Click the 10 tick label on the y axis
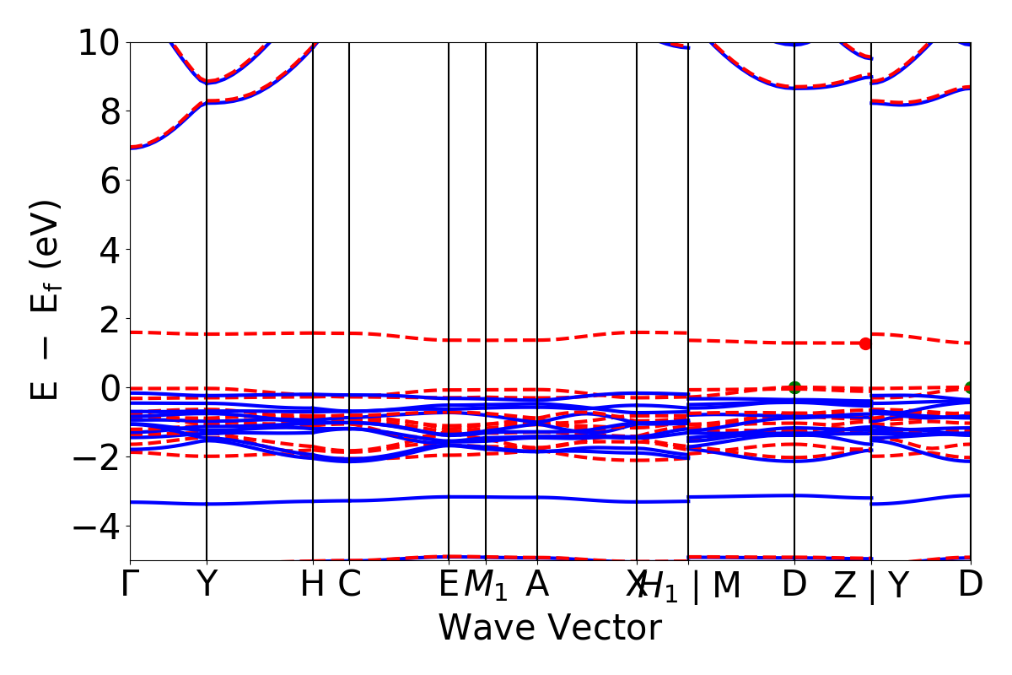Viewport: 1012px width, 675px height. point(100,42)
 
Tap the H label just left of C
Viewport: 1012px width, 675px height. point(313,585)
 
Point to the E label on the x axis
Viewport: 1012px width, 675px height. point(449,585)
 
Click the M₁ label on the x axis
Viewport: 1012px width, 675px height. point(486,586)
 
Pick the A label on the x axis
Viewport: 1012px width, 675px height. point(537,585)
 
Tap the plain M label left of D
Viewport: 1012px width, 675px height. point(726,585)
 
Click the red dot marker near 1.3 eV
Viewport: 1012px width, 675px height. point(865,343)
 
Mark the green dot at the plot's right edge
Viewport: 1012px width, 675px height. point(970,387)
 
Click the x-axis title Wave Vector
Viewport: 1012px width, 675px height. point(550,629)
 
